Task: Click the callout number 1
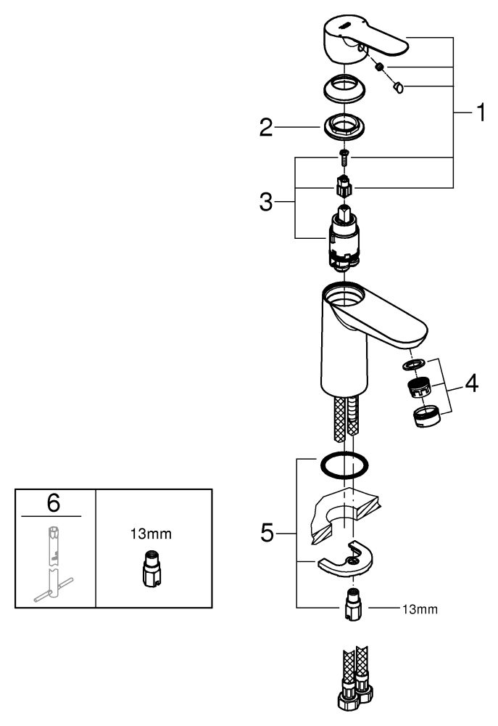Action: click(x=481, y=113)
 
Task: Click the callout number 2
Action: click(x=266, y=127)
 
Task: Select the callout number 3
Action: click(x=266, y=202)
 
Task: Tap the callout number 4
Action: click(x=471, y=383)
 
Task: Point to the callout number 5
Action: click(x=267, y=533)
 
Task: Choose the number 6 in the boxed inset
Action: click(x=54, y=503)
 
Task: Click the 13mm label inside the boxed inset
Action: click(x=151, y=534)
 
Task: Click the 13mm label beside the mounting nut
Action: click(x=420, y=609)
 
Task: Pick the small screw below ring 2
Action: click(x=344, y=158)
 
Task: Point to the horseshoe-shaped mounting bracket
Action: click(x=346, y=558)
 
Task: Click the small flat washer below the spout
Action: click(x=415, y=364)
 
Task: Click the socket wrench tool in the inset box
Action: click(x=53, y=564)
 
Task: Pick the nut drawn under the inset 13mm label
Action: click(x=152, y=568)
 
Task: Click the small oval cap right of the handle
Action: click(x=398, y=86)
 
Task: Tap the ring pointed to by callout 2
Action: click(x=344, y=126)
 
